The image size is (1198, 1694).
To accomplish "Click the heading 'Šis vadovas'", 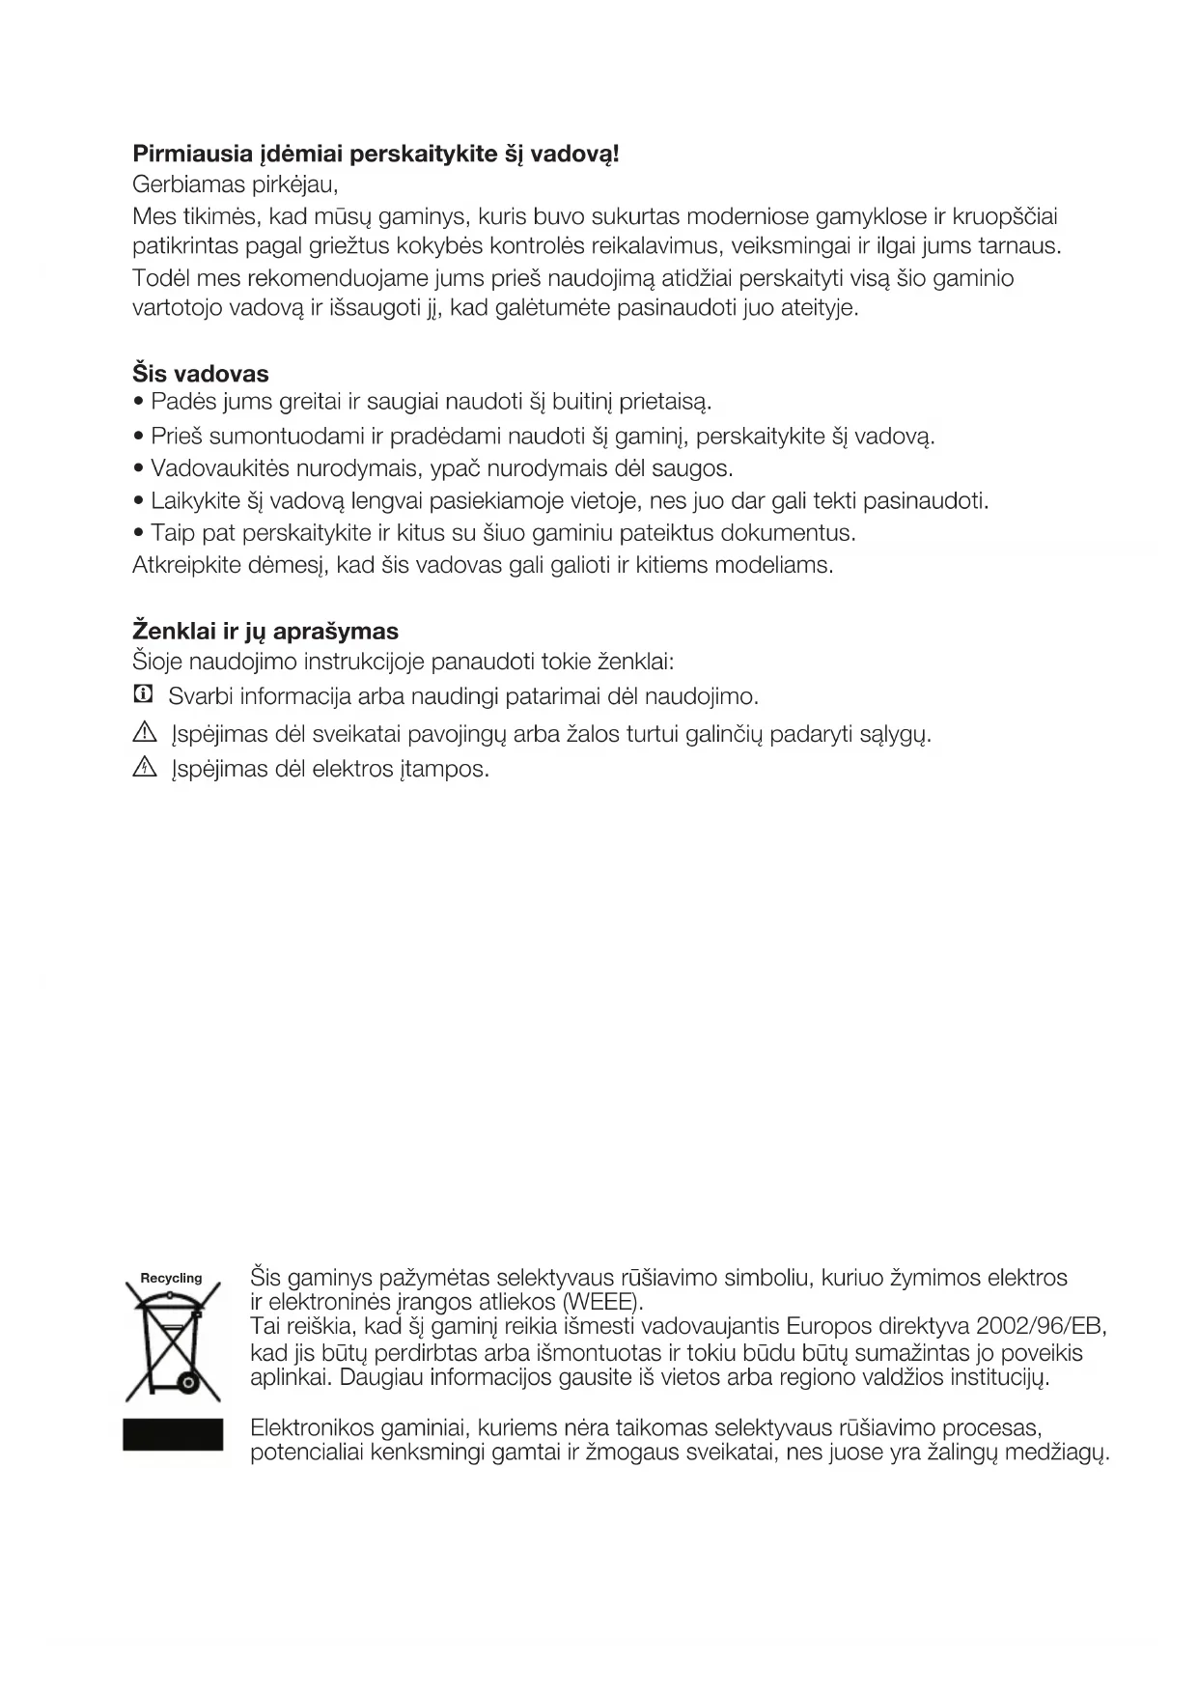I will click(200, 374).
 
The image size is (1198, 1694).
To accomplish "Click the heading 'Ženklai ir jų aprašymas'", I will click(265, 632).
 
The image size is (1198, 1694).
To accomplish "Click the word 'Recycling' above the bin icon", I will click(172, 1279).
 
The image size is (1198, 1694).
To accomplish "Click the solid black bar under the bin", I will click(173, 1434).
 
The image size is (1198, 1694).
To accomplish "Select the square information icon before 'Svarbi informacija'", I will click(143, 694).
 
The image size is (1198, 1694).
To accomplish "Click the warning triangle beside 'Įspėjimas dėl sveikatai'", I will click(144, 732).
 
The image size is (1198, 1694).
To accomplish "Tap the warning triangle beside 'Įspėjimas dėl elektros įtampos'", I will click(144, 768).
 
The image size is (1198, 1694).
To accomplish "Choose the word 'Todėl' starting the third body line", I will click(160, 279).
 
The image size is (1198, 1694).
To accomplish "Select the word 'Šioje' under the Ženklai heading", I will click(157, 663).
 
